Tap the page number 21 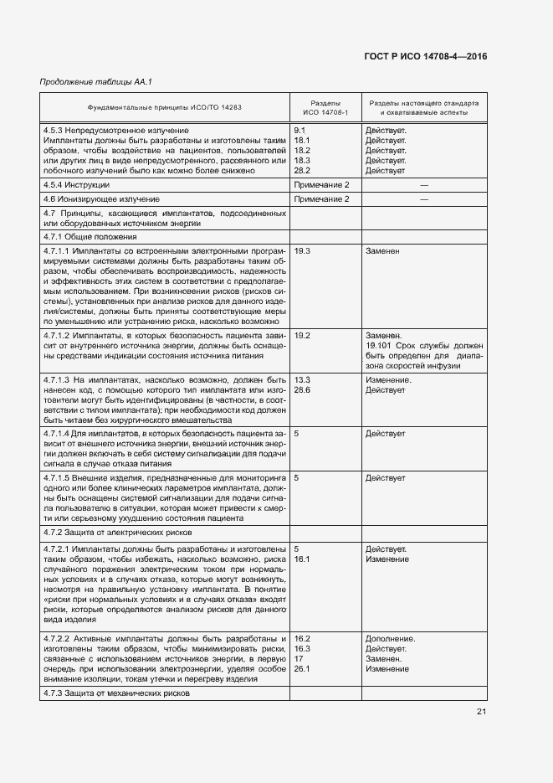pos(481,712)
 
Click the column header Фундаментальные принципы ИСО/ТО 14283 pos(164,107)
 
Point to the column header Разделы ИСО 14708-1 pos(324,107)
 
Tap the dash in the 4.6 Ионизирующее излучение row pos(423,199)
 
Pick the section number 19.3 pos(303,250)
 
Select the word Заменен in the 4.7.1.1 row pos(382,250)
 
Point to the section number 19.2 pos(303,335)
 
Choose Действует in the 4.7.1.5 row pos(385,477)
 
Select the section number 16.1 pos(303,559)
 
